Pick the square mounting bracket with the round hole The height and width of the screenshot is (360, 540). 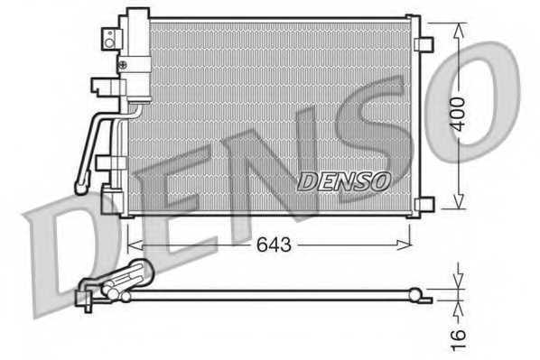110,37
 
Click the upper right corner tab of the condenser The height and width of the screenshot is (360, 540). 414,20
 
